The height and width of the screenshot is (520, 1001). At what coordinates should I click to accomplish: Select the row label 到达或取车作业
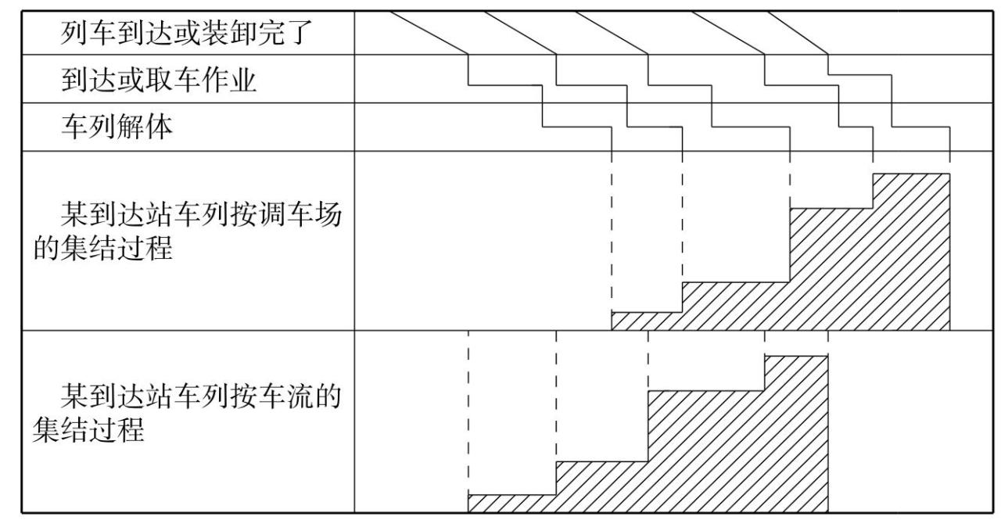160,80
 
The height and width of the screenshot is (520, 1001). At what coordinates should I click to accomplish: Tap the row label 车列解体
117,127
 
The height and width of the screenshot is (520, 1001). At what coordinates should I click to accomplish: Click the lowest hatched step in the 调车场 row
646,321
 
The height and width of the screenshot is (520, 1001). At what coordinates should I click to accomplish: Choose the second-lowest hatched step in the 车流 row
602,485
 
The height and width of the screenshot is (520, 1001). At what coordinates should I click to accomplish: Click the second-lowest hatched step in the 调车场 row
735,305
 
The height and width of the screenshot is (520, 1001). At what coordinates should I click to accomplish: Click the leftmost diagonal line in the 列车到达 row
429,32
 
